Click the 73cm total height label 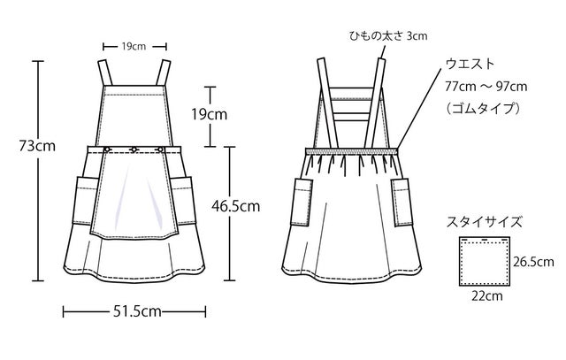click(x=37, y=146)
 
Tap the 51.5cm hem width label click(x=137, y=311)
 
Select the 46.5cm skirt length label click(x=236, y=206)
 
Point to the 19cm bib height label click(x=210, y=115)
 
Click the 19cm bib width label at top click(x=134, y=47)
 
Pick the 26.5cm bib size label click(x=533, y=262)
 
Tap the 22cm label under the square click(x=487, y=296)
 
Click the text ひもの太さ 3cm click(x=388, y=35)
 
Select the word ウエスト click(x=470, y=65)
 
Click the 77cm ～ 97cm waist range click(x=486, y=87)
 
